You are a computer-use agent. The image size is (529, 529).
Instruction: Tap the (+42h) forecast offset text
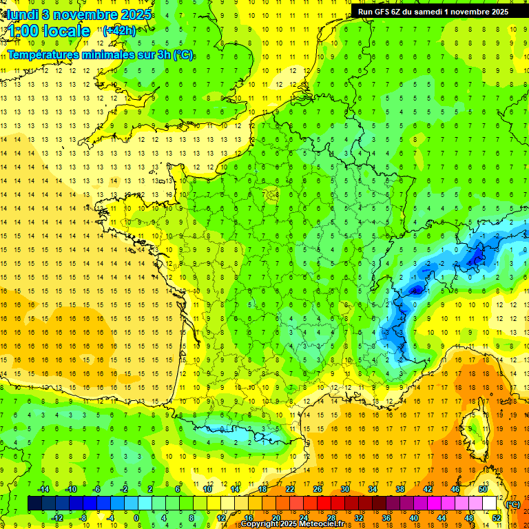pos(119,30)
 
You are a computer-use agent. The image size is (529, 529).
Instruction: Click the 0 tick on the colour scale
pos(136,518)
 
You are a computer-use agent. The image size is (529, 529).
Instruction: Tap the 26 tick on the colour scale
pos(318,489)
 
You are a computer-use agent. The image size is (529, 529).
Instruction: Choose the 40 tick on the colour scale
pos(414,518)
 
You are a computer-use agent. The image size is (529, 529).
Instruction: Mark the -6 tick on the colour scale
pos(97,489)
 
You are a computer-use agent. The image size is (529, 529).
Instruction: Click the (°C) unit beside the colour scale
pos(513,504)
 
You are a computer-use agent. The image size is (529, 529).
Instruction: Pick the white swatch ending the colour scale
pos(490,504)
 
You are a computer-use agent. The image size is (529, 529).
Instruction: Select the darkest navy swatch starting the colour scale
pos(34,504)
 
